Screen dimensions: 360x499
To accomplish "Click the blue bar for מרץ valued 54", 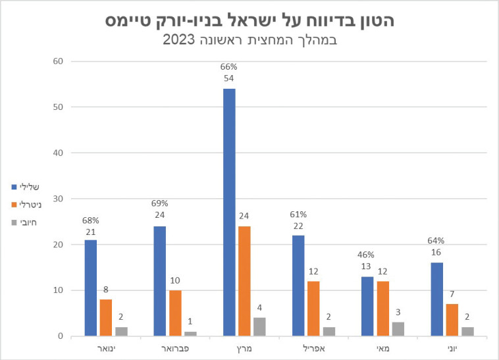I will pyautogui.click(x=229, y=212).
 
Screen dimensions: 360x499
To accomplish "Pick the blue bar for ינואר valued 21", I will pyautogui.click(x=90, y=288).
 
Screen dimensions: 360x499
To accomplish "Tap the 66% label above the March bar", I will pyautogui.click(x=229, y=66).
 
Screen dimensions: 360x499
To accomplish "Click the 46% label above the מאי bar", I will pyautogui.click(x=366, y=255).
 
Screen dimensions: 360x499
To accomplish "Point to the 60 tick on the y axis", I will pyautogui.click(x=58, y=62).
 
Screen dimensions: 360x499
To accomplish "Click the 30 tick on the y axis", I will pyautogui.click(x=58, y=199).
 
